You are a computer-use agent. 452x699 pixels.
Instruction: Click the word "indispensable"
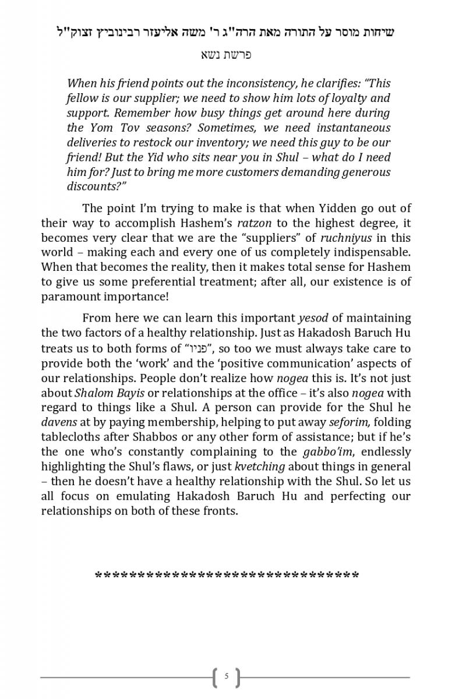coord(373,253)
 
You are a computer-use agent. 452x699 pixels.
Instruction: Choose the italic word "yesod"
coord(313,319)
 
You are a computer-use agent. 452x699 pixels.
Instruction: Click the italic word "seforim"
coord(349,422)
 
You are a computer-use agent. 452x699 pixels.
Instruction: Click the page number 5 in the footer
coord(226,677)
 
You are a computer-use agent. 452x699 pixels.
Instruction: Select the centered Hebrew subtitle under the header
coord(227,56)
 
